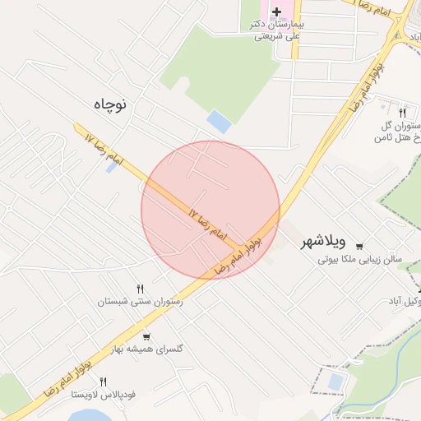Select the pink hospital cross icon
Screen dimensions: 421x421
(x=276, y=12)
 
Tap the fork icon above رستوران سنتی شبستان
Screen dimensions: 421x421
(x=140, y=289)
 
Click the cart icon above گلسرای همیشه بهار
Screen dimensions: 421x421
(x=146, y=335)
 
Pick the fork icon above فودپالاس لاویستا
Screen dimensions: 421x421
(x=103, y=382)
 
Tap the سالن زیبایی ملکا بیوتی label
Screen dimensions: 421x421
(x=360, y=258)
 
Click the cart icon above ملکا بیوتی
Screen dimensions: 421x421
(x=359, y=244)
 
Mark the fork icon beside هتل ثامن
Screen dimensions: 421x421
(x=402, y=112)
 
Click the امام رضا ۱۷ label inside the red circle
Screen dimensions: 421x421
(x=207, y=223)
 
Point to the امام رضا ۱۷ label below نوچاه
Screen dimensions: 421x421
(x=102, y=147)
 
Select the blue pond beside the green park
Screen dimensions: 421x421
(x=219, y=122)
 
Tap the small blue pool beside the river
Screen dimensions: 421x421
(x=335, y=382)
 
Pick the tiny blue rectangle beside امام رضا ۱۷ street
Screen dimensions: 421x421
(x=111, y=167)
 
